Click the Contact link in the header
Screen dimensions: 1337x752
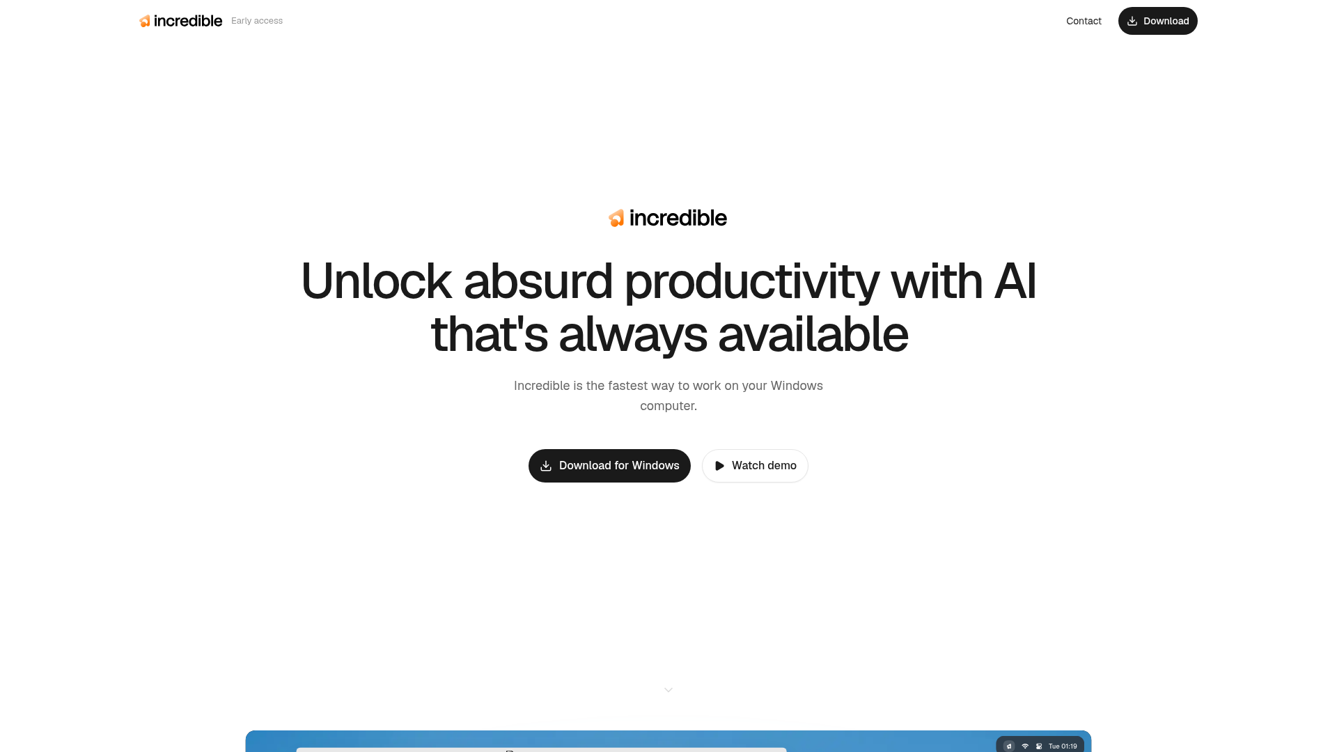1084,21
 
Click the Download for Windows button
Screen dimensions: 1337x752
609,466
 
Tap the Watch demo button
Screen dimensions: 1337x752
755,466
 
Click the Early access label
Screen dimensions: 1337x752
257,21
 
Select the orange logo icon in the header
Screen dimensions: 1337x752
145,21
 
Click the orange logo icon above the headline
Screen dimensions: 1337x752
616,218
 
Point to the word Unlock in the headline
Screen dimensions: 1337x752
376,281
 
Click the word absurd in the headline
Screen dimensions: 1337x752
538,281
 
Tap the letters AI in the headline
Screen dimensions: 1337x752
1015,281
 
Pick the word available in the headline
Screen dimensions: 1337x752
813,334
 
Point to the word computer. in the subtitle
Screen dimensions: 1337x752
668,406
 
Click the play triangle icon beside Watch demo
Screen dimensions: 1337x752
719,466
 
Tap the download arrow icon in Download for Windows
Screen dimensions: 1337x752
546,466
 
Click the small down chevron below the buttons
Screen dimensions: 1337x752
668,690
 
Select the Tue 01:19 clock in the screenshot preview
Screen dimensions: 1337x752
1063,746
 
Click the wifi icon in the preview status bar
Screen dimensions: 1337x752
1025,746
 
